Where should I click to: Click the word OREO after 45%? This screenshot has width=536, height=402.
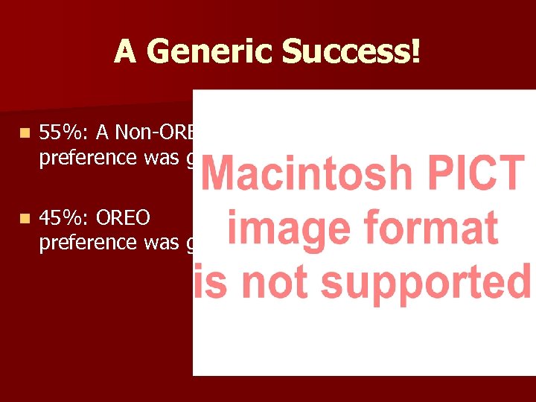124,217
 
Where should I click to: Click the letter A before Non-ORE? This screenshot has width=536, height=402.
103,133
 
